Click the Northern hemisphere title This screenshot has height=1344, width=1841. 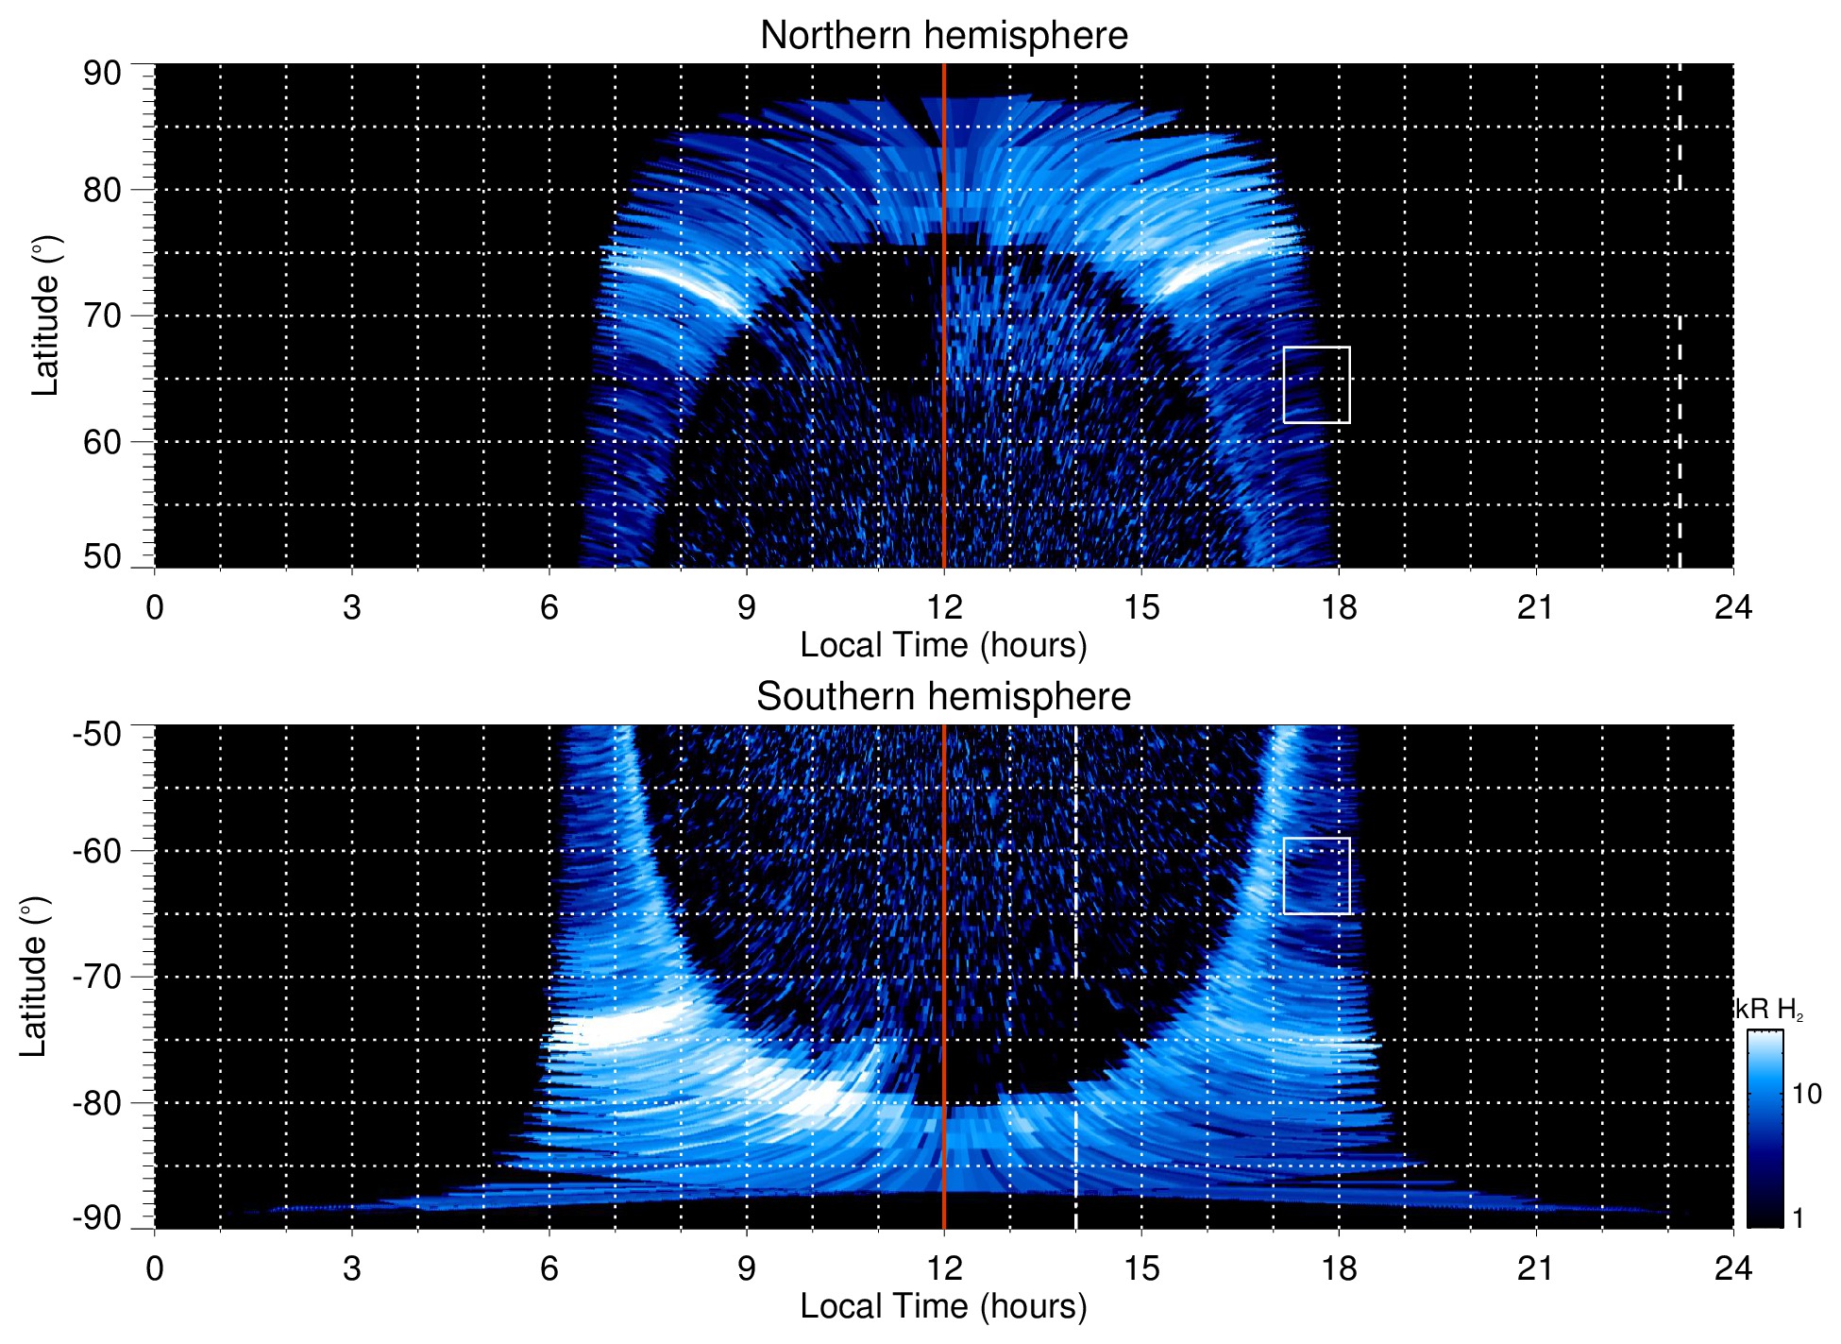pos(943,36)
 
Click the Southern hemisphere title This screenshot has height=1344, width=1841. pos(943,697)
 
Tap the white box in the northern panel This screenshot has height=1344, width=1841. pos(1316,384)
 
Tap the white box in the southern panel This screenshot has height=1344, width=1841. pos(1316,876)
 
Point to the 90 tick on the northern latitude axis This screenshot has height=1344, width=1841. pos(102,74)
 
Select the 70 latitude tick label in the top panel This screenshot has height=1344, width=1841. pos(102,315)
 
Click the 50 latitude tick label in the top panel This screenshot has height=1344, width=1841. pos(102,556)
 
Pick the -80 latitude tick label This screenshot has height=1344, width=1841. pos(97,1102)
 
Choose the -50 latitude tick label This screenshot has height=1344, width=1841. pos(97,734)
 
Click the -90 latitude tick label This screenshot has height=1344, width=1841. pos(97,1217)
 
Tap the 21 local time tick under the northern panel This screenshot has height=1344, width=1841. pos(1535,607)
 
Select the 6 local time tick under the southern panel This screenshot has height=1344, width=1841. pos(549,1268)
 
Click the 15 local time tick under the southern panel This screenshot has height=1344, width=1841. pos(1140,1268)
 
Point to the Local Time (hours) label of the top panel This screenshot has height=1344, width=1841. pos(943,645)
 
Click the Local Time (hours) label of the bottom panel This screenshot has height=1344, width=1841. pos(943,1306)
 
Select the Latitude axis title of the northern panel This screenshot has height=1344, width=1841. pos(45,315)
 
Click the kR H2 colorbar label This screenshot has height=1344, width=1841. pos(1769,1010)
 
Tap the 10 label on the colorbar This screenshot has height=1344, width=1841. pos(1806,1095)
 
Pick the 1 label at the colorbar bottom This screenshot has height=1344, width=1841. pos(1798,1218)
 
